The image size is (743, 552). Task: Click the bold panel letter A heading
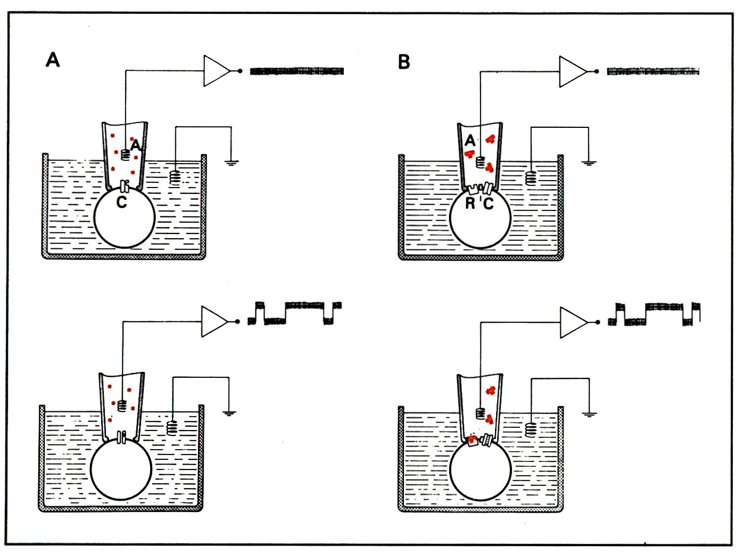click(53, 60)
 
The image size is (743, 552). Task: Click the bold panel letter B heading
click(404, 62)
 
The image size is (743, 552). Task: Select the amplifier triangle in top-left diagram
click(217, 71)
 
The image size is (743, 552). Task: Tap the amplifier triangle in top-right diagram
click(573, 72)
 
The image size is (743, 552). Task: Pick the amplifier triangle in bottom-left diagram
click(214, 321)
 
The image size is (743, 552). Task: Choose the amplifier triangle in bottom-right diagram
click(574, 322)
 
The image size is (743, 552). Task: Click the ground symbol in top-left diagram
click(231, 163)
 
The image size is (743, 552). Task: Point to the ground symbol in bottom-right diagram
click(589, 415)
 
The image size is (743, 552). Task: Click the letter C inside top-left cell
click(121, 202)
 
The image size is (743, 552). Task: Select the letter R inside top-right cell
click(470, 203)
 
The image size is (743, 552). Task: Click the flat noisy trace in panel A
click(297, 71)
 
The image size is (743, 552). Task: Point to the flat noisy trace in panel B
click(653, 71)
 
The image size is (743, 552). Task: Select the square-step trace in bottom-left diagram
click(294, 313)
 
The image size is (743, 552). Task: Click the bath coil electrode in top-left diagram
click(175, 178)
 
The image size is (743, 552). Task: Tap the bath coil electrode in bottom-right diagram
click(531, 429)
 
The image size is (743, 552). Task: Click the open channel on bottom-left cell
click(122, 437)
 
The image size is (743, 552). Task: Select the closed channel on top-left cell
click(125, 186)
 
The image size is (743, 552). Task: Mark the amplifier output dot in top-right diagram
click(596, 71)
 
